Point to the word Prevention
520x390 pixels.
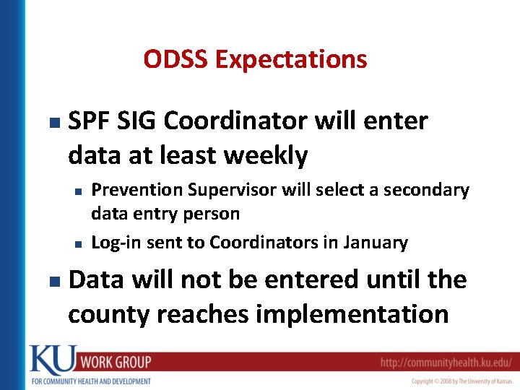[x=137, y=190]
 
